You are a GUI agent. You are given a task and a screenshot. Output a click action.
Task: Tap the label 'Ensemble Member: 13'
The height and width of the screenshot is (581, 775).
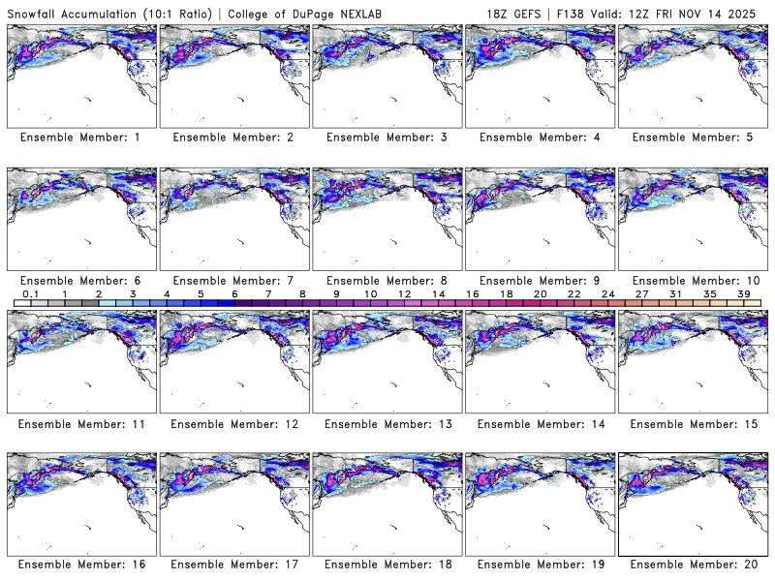click(x=387, y=423)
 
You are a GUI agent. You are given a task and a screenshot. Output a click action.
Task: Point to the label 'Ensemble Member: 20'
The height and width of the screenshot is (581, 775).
click(x=693, y=564)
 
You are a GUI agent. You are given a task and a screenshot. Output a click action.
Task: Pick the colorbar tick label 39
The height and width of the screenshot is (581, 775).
click(x=743, y=293)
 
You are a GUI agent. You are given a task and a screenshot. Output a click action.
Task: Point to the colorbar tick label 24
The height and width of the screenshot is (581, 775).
click(x=607, y=293)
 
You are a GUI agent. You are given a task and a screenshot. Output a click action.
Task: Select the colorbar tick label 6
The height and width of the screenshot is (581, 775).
click(x=234, y=293)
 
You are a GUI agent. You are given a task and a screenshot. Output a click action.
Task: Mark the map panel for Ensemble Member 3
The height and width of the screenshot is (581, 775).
click(x=387, y=75)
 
